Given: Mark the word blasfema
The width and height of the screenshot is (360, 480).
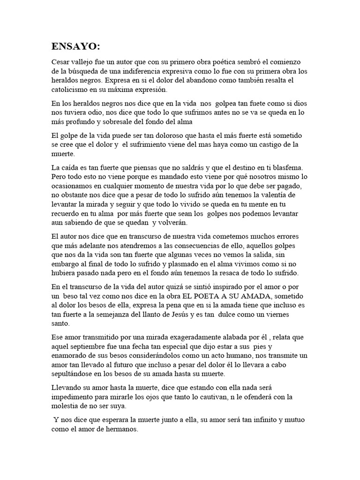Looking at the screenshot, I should [287, 167].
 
